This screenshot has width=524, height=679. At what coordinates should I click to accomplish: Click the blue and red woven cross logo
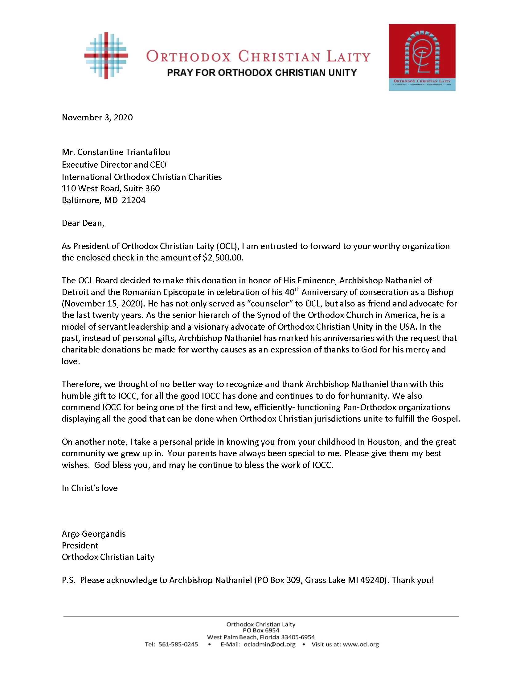point(106,56)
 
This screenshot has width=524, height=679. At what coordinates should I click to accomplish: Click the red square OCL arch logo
point(422,57)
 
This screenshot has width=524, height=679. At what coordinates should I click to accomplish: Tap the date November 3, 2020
point(97,118)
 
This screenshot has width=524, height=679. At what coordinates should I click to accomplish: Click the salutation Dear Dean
point(83,223)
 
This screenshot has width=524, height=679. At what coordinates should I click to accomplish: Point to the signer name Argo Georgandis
point(93,534)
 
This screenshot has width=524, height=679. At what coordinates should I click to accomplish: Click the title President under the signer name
point(80,546)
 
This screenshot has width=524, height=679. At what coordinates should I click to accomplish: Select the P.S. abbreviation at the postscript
point(68,580)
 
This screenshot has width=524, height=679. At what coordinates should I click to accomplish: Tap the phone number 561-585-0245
point(178,644)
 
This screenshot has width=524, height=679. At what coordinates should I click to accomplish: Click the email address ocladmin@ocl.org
point(269,644)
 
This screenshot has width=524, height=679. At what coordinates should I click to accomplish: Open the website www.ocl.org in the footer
point(361,644)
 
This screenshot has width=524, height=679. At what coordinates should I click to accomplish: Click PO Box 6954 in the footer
point(261,631)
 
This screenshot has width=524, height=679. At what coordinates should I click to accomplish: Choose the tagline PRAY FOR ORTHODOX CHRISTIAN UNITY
point(262,73)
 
